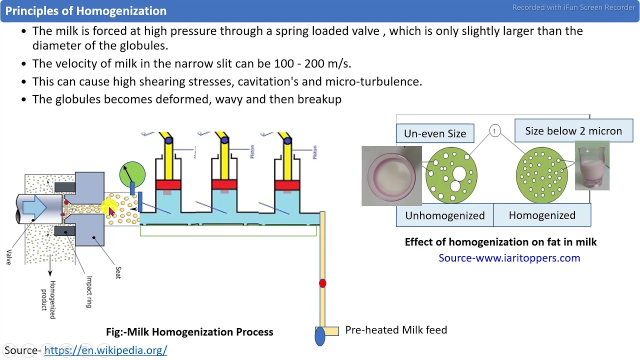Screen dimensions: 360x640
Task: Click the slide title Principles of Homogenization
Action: tap(85, 11)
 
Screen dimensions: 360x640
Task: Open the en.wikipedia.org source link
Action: tap(105, 350)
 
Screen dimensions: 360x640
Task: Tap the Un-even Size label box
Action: tap(435, 133)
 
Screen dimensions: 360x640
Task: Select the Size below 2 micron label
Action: tap(573, 131)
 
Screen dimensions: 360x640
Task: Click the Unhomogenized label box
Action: tap(444, 215)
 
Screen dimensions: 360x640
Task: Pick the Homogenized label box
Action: tap(542, 215)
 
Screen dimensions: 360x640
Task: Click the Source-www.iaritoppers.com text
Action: tap(509, 258)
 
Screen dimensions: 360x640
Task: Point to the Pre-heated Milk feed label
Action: tap(396, 330)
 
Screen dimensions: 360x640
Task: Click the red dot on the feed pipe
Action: tap(322, 283)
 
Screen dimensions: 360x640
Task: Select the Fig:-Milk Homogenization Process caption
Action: tap(189, 332)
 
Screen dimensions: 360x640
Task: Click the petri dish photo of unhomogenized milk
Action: tap(391, 176)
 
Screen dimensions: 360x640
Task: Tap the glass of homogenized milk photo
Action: tap(592, 166)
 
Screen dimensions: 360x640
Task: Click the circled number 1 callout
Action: tap(494, 131)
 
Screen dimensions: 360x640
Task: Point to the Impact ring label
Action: tap(89, 291)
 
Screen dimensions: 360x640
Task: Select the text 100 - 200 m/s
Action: tap(312, 63)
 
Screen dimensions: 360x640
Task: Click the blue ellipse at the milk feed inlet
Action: tap(320, 336)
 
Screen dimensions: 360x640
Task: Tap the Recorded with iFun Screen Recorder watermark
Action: tap(573, 7)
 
